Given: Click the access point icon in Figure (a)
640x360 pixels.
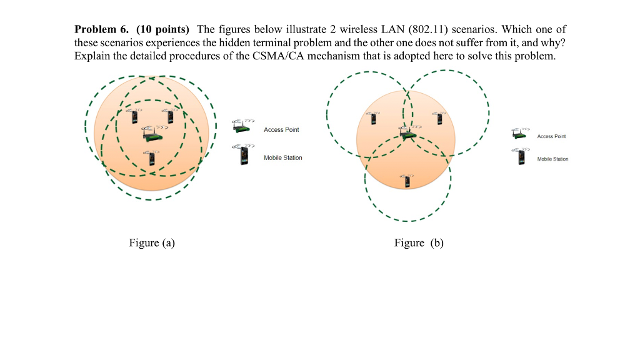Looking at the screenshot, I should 150,134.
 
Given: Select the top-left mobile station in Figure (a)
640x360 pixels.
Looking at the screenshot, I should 132,116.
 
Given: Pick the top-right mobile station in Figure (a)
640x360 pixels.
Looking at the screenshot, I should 169,116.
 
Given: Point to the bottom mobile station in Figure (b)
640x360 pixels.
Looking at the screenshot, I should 407,181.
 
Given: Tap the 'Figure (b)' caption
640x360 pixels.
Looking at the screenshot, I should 419,243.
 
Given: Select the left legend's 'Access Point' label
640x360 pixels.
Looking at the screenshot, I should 281,130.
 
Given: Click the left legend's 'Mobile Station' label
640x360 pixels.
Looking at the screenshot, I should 283,157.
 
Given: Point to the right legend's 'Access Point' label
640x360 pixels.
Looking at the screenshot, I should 551,136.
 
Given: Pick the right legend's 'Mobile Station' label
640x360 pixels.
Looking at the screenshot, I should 552,159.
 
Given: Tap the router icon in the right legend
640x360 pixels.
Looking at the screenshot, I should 518,134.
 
